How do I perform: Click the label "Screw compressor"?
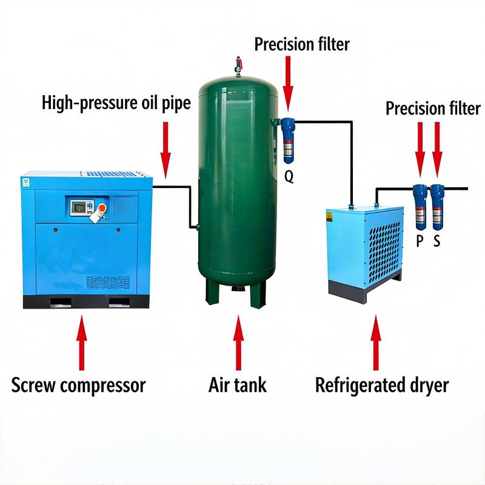tap(79, 385)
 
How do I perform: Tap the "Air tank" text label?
tap(238, 385)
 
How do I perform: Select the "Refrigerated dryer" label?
tap(382, 385)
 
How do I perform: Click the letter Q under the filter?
tap(289, 177)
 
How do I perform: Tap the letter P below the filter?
tap(419, 241)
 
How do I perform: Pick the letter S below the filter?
tap(437, 241)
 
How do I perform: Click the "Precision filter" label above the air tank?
tap(302, 44)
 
